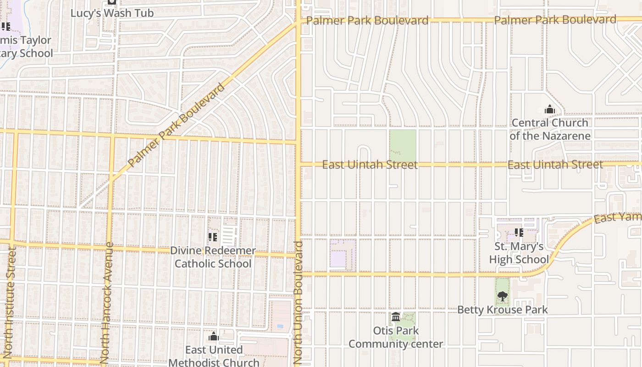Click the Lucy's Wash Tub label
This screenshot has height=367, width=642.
(x=112, y=13)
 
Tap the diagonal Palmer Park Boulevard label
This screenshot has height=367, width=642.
(x=177, y=125)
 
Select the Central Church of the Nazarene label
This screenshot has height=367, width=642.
(x=549, y=129)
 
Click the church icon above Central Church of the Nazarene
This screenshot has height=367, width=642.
(x=549, y=110)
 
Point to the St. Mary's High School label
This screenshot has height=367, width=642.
(x=519, y=253)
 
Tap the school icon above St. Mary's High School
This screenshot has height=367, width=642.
(x=519, y=233)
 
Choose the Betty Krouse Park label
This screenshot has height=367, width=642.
(x=502, y=310)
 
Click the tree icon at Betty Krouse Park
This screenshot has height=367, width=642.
(x=503, y=296)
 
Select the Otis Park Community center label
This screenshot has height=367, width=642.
(x=396, y=337)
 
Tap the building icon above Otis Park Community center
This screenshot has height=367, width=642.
(x=396, y=317)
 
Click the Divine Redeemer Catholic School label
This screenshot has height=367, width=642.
(x=213, y=257)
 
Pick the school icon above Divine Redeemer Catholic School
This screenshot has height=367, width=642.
(x=213, y=237)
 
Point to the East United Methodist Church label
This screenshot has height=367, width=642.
(x=214, y=356)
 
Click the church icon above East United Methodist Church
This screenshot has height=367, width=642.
(x=214, y=337)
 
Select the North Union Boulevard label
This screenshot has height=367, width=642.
(x=298, y=303)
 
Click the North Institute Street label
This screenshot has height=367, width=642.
(x=10, y=303)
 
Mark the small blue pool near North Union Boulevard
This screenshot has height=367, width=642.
(x=280, y=326)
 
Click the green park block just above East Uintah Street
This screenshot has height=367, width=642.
(x=403, y=145)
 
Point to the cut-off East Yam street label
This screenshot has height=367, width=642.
(x=617, y=217)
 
